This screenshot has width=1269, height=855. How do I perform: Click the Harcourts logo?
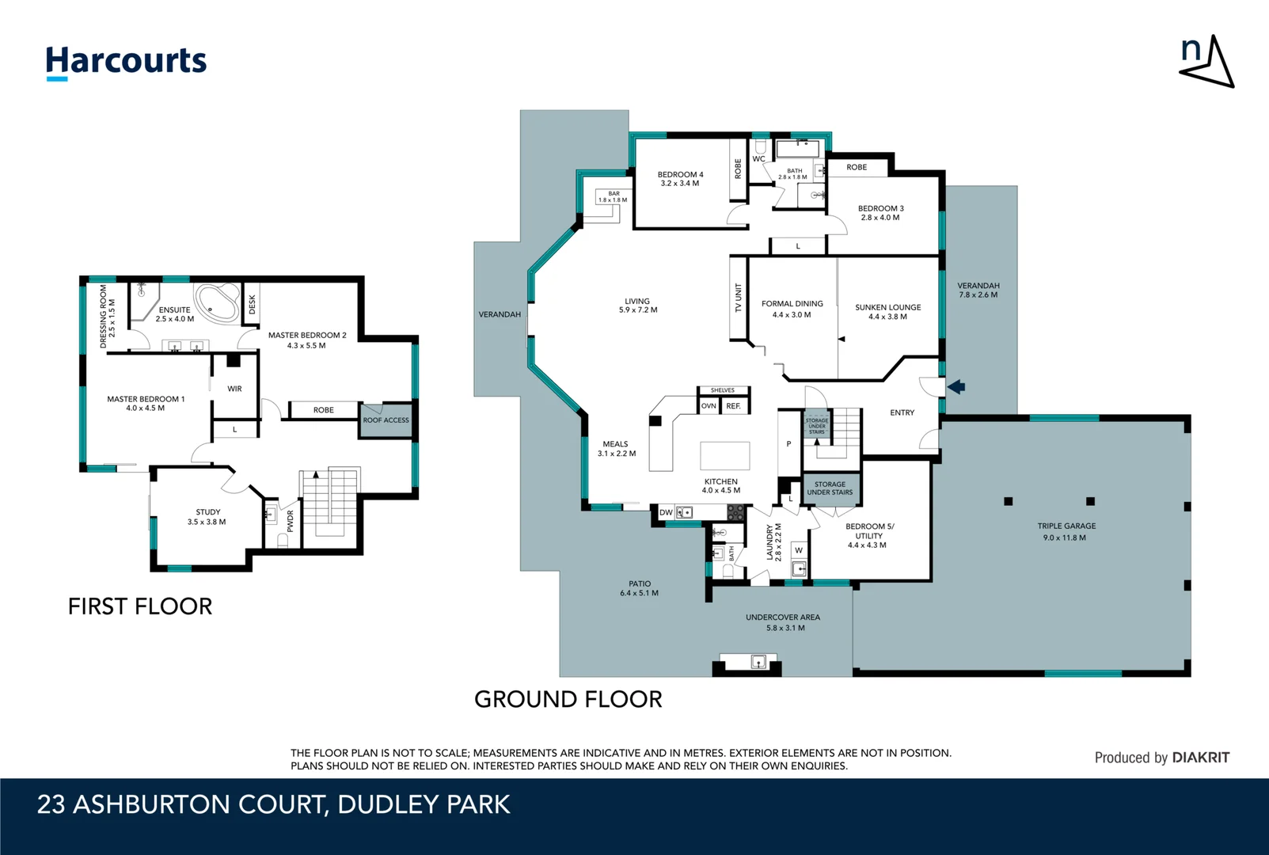pyautogui.click(x=126, y=62)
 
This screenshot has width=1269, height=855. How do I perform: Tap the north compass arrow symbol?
pyautogui.click(x=1209, y=63)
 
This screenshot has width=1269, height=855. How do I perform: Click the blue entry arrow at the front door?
pyautogui.click(x=956, y=387)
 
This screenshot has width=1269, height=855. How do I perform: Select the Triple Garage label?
pyautogui.click(x=1066, y=526)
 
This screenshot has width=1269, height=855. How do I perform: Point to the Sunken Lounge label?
pyautogui.click(x=887, y=307)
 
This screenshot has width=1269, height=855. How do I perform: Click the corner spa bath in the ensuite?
pyautogui.click(x=218, y=302)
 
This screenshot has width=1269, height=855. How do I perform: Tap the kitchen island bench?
pyautogui.click(x=724, y=456)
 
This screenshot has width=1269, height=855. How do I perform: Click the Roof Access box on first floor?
pyautogui.click(x=386, y=420)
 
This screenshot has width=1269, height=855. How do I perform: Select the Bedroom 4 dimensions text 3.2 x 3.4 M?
pyautogui.click(x=680, y=184)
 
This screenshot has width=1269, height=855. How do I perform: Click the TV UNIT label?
pyautogui.click(x=738, y=298)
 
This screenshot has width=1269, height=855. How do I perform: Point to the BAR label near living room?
pyautogui.click(x=614, y=193)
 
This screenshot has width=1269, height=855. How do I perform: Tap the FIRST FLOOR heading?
pyautogui.click(x=140, y=606)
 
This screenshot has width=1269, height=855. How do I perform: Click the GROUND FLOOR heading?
pyautogui.click(x=568, y=699)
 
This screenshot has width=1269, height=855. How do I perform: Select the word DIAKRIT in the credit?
pyautogui.click(x=1201, y=758)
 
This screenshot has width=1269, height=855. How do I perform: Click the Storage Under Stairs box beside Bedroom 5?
pyautogui.click(x=830, y=488)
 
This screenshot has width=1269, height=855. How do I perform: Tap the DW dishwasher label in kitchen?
pyautogui.click(x=666, y=513)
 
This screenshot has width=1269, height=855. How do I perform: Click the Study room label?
pyautogui.click(x=208, y=512)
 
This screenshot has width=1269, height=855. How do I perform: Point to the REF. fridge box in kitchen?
pyautogui.click(x=733, y=406)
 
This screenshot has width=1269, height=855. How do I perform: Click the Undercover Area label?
pyautogui.click(x=783, y=617)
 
